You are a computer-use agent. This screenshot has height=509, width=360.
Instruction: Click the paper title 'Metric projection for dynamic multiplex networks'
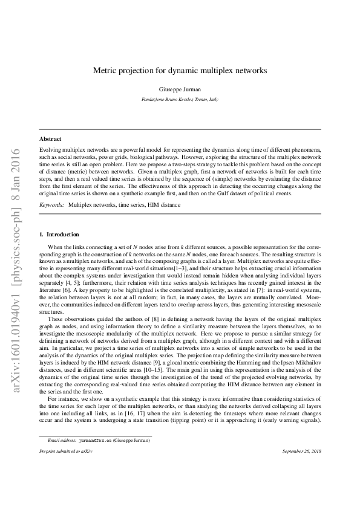[x=180, y=71]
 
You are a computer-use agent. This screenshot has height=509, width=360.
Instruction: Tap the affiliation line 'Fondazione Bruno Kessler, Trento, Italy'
[x=180, y=99]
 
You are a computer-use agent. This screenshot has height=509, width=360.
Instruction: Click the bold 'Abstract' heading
[x=50, y=138]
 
